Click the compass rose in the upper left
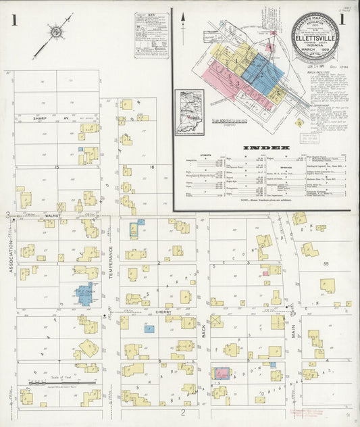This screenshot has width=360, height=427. pos(54,32)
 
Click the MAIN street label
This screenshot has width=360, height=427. pos(293,332)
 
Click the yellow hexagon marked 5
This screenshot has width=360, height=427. pos(299,124)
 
